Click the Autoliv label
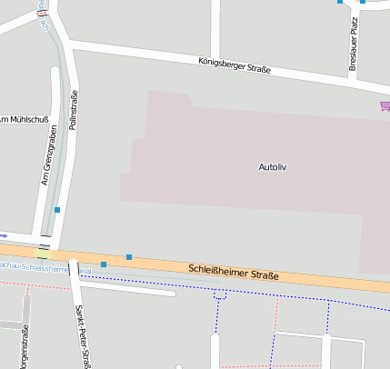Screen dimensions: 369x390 (x=273, y=167)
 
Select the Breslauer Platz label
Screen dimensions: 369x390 (x=354, y=45)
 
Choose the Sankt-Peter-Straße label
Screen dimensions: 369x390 (x=80, y=336)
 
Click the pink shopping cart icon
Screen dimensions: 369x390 (x=385, y=106)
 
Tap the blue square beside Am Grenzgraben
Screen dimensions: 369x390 (x=57, y=210)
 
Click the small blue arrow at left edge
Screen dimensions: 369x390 (x=3, y=234)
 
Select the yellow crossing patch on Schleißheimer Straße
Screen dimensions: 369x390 (x=44, y=252)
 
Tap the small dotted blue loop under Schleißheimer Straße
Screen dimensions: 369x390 (x=219, y=294)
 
